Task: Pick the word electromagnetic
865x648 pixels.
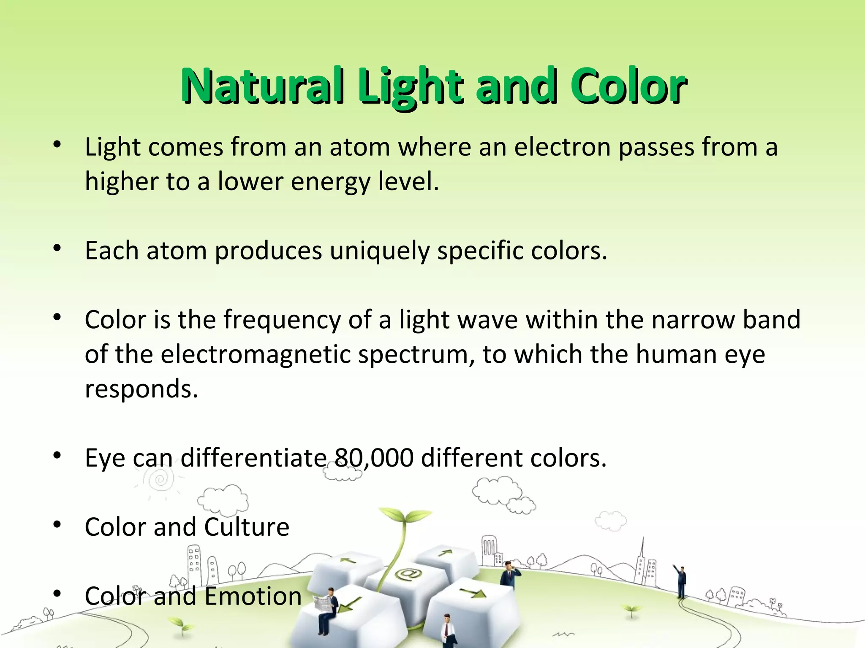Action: pos(256,354)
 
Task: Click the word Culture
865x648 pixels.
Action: pos(247,527)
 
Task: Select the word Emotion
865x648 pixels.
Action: pos(253,597)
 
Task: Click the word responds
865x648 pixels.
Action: pos(141,389)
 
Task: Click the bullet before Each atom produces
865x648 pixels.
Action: pos(57,249)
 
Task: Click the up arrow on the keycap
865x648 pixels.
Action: pos(445,552)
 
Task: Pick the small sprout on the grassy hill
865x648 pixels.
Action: pos(631,609)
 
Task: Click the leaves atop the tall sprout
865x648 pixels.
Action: pos(404,516)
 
